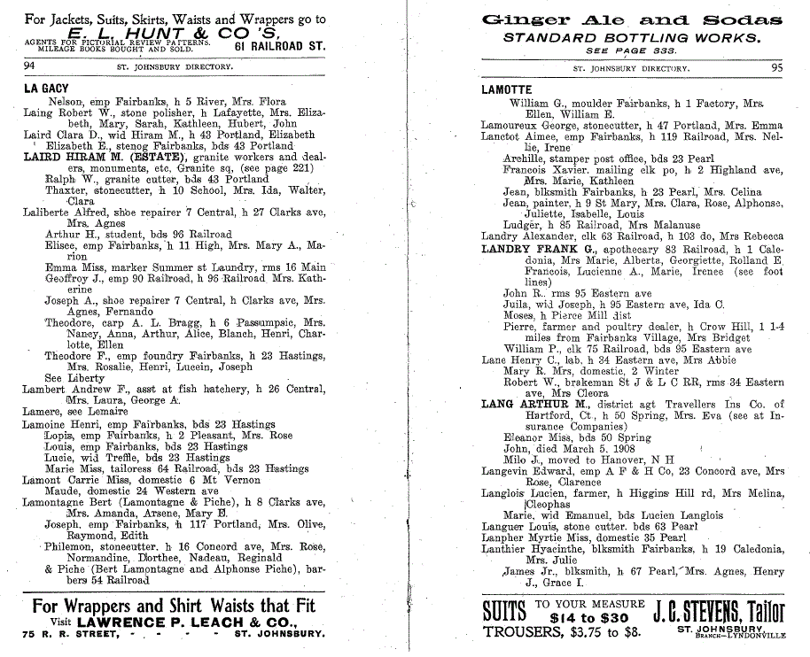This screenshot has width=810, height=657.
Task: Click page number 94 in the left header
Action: [x=30, y=66]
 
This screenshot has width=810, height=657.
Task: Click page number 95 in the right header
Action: [x=776, y=67]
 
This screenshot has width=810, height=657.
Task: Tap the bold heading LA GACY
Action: [x=46, y=89]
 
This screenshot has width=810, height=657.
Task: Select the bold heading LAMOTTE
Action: [x=506, y=89]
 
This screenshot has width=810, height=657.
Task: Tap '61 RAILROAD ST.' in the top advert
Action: [x=280, y=44]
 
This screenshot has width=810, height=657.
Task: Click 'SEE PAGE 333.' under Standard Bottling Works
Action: [x=630, y=51]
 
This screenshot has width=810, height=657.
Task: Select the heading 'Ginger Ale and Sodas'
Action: [x=631, y=20]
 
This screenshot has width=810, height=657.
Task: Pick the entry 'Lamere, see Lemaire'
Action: [x=71, y=411]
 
